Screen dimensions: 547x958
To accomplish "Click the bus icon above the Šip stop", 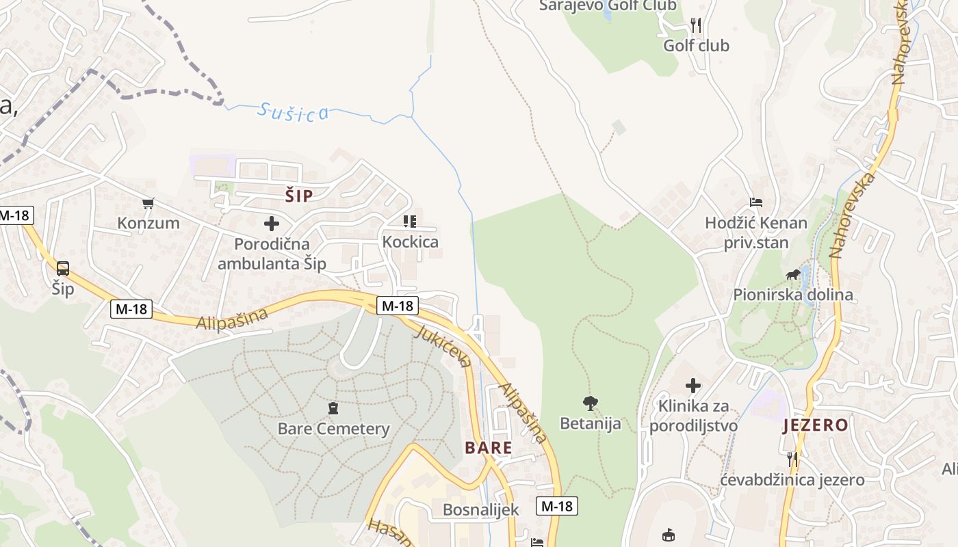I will pyautogui.click(x=63, y=269).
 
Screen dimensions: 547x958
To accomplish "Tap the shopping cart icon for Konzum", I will pyautogui.click(x=148, y=203).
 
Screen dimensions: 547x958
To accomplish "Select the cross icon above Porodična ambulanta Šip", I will pyautogui.click(x=272, y=224).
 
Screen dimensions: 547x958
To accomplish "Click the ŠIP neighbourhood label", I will pyautogui.click(x=299, y=196).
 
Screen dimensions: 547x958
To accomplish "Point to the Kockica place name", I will pyautogui.click(x=410, y=242).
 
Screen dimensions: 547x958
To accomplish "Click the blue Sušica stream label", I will pyautogui.click(x=294, y=112).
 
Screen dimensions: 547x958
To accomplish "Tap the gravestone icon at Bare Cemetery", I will pyautogui.click(x=333, y=409).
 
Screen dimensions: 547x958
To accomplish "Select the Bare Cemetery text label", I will pyautogui.click(x=333, y=429).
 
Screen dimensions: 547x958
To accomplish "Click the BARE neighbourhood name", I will pyautogui.click(x=489, y=448).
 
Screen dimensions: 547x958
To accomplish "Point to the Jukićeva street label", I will pyautogui.click(x=443, y=346).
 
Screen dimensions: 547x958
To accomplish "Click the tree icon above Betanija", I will pyautogui.click(x=590, y=403).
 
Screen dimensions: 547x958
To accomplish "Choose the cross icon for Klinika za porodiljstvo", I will pyautogui.click(x=693, y=386).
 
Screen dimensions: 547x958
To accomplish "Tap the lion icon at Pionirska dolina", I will pyautogui.click(x=793, y=276).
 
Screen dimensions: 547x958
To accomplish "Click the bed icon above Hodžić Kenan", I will pyautogui.click(x=756, y=202).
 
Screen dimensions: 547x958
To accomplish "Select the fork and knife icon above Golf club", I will pyautogui.click(x=696, y=25).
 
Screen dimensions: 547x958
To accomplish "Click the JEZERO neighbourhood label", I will pyautogui.click(x=816, y=425).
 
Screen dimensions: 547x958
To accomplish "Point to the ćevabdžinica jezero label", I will pyautogui.click(x=792, y=480).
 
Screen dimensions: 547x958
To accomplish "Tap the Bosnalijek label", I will pyautogui.click(x=480, y=509).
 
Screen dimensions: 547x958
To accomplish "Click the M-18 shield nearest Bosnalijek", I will pyautogui.click(x=557, y=506).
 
